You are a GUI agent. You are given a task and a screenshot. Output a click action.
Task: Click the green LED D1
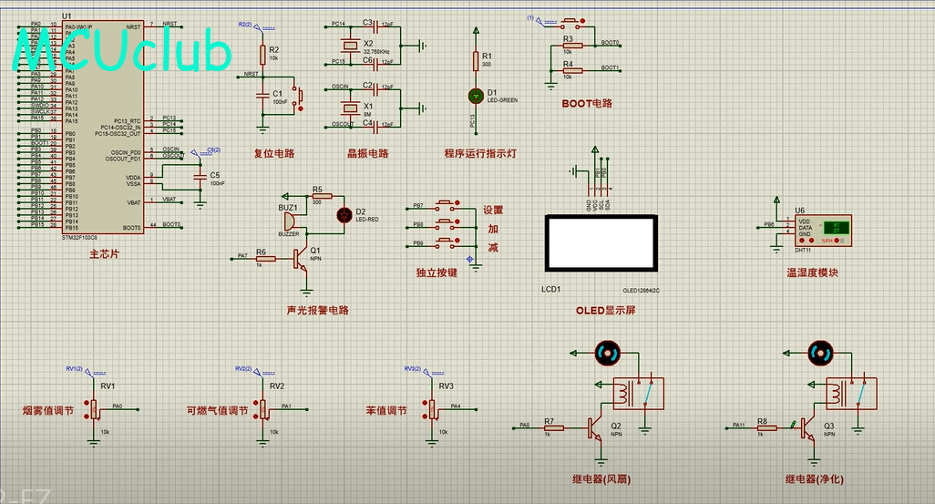click(475, 94)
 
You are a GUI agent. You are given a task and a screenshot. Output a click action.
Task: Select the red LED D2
click(344, 215)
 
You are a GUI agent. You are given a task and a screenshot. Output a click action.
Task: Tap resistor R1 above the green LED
click(475, 61)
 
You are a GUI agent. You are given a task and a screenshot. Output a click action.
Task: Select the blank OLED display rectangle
click(600, 242)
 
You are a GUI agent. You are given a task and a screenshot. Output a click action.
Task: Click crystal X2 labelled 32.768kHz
click(346, 43)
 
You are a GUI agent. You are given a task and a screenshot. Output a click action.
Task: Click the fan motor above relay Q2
click(607, 352)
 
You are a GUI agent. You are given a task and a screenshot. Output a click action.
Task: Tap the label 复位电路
click(273, 153)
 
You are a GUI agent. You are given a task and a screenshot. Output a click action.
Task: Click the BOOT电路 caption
click(587, 104)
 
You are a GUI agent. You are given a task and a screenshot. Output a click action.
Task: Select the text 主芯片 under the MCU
click(105, 254)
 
